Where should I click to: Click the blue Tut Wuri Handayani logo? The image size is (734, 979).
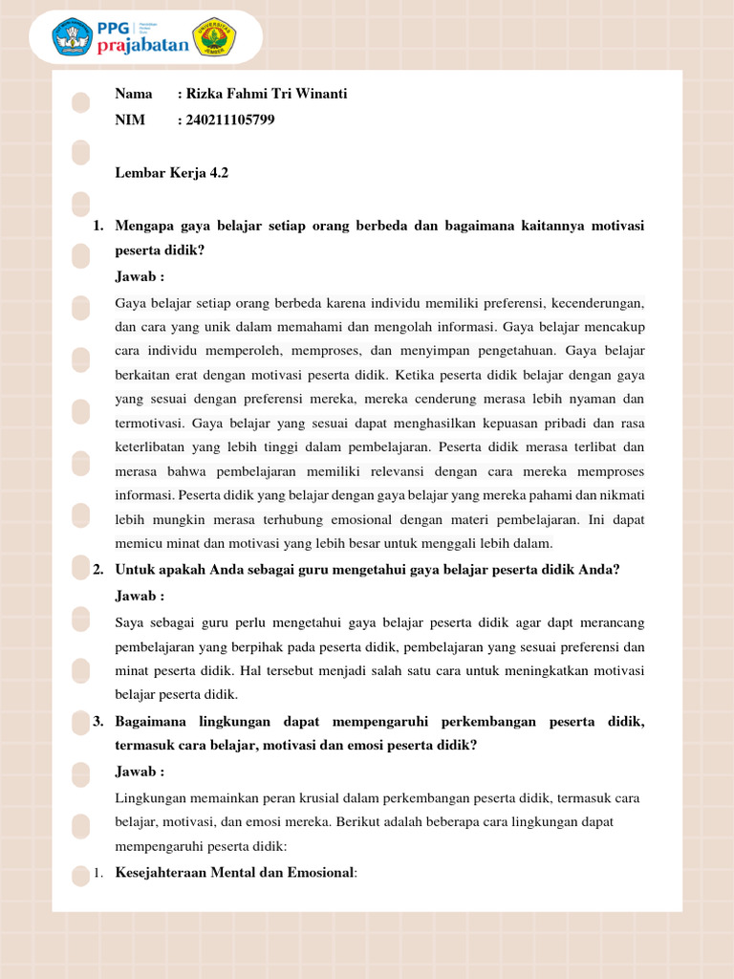[x=72, y=37]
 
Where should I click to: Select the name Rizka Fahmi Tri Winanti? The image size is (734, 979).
[x=266, y=94]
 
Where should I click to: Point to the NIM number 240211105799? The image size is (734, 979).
[x=230, y=120]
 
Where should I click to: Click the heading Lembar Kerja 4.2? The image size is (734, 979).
[x=172, y=173]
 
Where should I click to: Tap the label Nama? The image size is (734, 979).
[x=134, y=94]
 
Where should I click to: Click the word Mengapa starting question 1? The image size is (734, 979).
[x=145, y=226]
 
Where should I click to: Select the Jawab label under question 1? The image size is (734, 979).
[x=140, y=277]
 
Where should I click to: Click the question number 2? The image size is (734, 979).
[x=97, y=570]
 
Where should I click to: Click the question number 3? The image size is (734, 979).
[x=97, y=722]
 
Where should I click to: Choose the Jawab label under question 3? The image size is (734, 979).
[x=140, y=772]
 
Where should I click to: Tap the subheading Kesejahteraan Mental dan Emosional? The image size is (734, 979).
[x=234, y=872]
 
